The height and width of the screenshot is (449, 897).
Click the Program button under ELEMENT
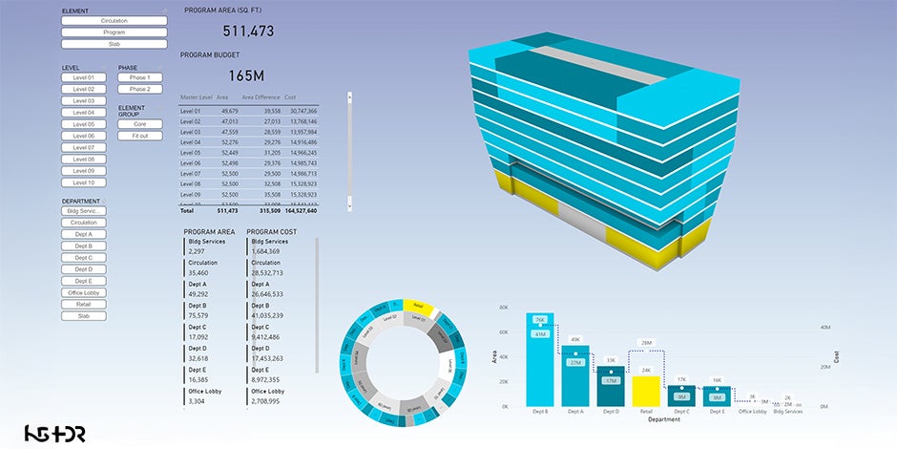(x=107, y=32)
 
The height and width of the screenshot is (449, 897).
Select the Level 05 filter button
(x=84, y=124)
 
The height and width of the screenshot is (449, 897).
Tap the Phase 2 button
(x=140, y=89)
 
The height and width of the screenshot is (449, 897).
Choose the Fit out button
(x=140, y=136)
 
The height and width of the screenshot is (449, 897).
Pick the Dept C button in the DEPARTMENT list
(x=84, y=258)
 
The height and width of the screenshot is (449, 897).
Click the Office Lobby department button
(x=84, y=292)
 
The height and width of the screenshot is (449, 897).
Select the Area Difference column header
(x=261, y=96)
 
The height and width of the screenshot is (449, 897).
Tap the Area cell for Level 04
(x=229, y=142)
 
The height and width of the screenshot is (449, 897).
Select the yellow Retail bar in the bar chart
(x=646, y=390)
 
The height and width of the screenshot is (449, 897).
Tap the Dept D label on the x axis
(x=611, y=412)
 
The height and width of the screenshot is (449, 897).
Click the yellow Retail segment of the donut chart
(x=418, y=307)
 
